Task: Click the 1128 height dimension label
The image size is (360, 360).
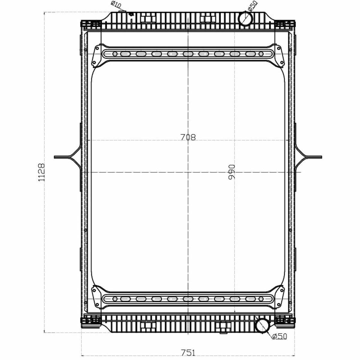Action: coord(41,172)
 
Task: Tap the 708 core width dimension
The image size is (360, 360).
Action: coord(188,137)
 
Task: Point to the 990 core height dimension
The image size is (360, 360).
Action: coord(232,172)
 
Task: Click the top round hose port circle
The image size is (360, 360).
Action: coord(246,19)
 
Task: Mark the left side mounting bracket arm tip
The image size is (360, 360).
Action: coord(55,157)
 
